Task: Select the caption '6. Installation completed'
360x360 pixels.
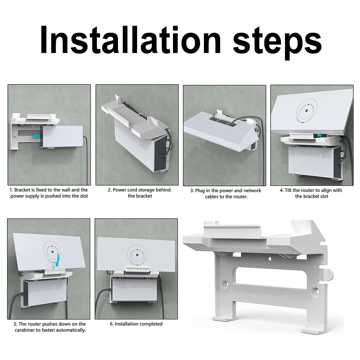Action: click(136, 324)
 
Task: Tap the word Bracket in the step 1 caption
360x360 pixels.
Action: click(23, 190)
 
